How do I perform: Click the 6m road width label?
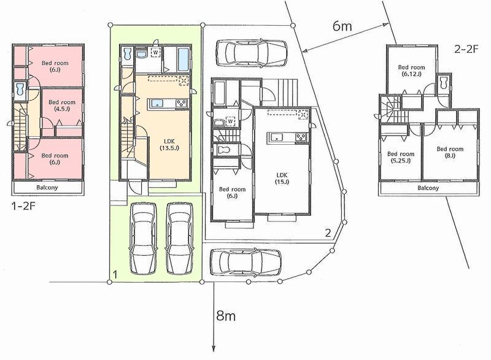pyautogui.click(x=342, y=26)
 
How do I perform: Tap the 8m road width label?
pyautogui.click(x=226, y=317)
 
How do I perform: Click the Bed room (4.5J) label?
pyautogui.click(x=62, y=106)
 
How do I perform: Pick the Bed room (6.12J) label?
pyautogui.click(x=411, y=70)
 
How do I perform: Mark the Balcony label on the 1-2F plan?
pyautogui.click(x=46, y=187)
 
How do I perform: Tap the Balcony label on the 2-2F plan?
pyautogui.click(x=428, y=188)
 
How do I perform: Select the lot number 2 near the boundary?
pyautogui.click(x=328, y=232)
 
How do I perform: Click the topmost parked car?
pyautogui.click(x=252, y=52)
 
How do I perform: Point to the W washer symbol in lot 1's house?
pyautogui.click(x=156, y=53)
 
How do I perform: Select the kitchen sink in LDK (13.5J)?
pyautogui.click(x=156, y=103)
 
